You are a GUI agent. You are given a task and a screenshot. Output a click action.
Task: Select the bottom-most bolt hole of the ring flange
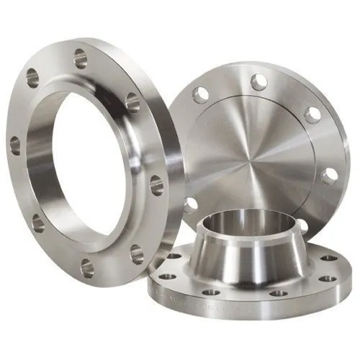click(86, 268)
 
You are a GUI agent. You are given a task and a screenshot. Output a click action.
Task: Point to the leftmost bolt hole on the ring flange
click(15, 147)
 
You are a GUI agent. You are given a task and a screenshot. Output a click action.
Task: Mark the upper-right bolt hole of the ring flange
click(132, 103)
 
